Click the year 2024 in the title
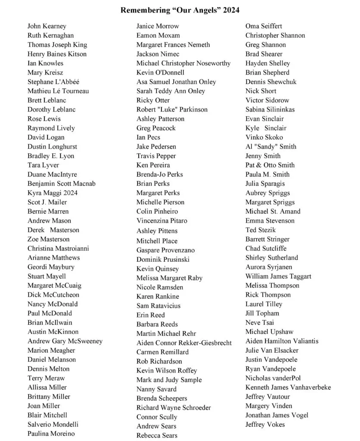[x=231, y=9]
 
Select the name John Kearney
[x=47, y=26]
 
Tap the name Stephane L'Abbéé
[x=53, y=82]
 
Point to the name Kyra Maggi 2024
[x=53, y=193]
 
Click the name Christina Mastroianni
[x=58, y=248]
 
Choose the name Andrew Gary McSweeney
[x=65, y=341]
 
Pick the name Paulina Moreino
[x=51, y=434]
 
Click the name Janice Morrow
[x=158, y=26]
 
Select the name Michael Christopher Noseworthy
[x=183, y=63]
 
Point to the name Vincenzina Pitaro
[x=162, y=220]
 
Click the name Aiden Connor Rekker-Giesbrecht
[x=184, y=343]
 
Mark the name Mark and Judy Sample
[x=169, y=380]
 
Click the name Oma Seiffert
[x=264, y=26]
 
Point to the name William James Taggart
[x=278, y=276]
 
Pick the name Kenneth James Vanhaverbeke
[x=288, y=387]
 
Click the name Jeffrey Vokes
[x=265, y=424]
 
